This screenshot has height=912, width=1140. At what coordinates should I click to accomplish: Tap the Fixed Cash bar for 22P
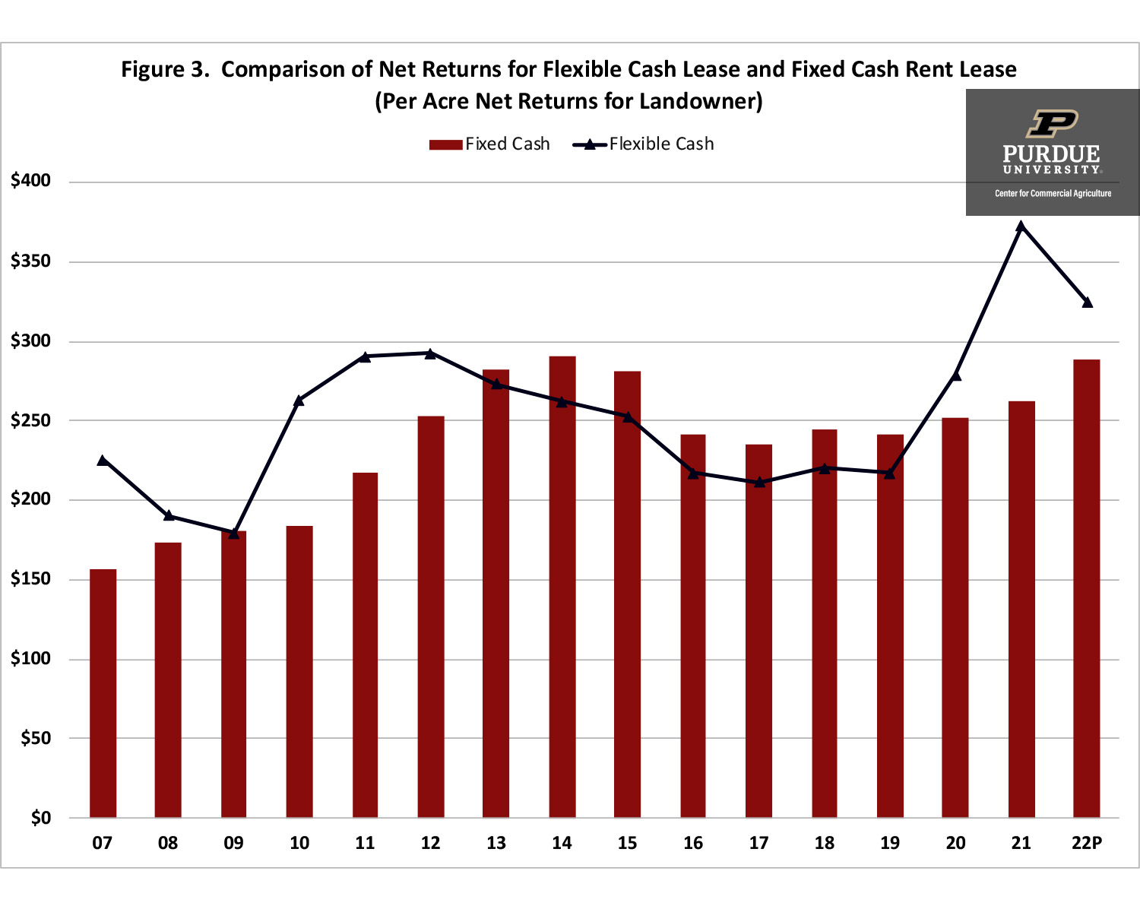pyautogui.click(x=1086, y=588)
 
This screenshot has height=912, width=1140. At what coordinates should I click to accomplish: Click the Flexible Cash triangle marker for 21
pyautogui.click(x=1021, y=226)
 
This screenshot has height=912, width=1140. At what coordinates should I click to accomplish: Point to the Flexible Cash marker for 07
pyautogui.click(x=103, y=460)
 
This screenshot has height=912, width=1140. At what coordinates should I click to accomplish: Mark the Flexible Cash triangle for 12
pyautogui.click(x=430, y=353)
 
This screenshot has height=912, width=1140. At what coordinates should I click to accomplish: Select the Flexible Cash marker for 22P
pyautogui.click(x=1087, y=302)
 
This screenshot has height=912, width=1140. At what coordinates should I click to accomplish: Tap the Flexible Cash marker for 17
pyautogui.click(x=758, y=482)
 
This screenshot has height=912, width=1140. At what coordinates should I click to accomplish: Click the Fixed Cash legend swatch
pyautogui.click(x=445, y=144)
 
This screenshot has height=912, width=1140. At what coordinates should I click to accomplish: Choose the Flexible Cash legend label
pyautogui.click(x=661, y=144)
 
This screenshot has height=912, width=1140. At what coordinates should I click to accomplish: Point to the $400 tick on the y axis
pyautogui.click(x=30, y=181)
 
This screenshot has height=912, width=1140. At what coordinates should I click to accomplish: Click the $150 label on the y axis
pyautogui.click(x=30, y=579)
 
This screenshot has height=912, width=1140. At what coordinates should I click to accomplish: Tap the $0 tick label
pyautogui.click(x=40, y=818)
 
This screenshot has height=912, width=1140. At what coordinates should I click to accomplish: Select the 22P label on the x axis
pyautogui.click(x=1087, y=843)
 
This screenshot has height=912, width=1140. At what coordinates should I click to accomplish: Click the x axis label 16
pyautogui.click(x=693, y=843)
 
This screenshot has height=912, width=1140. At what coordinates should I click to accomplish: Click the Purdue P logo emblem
pyautogui.click(x=1053, y=123)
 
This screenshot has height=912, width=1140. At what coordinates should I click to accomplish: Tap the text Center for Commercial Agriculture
pyautogui.click(x=1053, y=194)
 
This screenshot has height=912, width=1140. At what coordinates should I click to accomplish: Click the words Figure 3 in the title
pyautogui.click(x=164, y=70)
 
